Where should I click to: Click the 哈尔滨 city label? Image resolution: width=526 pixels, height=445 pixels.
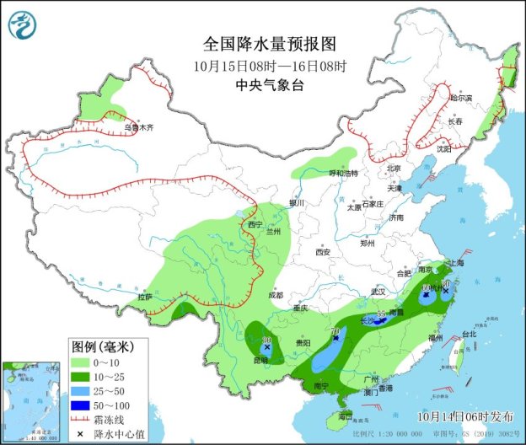tap(461, 98)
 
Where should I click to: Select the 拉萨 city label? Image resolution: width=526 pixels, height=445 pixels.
tap(144, 297)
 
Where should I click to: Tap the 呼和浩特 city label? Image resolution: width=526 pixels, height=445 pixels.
tap(343, 173)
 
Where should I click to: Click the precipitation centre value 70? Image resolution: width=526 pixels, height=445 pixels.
tap(335, 331)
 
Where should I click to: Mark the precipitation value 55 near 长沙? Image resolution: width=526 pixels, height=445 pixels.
tap(381, 313)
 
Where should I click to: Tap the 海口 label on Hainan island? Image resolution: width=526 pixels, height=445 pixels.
tap(344, 416)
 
